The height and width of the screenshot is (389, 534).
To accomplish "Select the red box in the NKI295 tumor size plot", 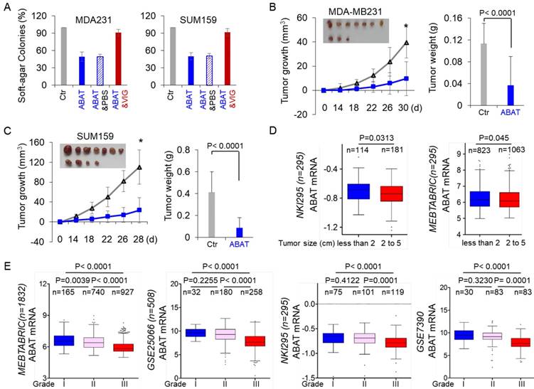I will pyautogui.click(x=388, y=193).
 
